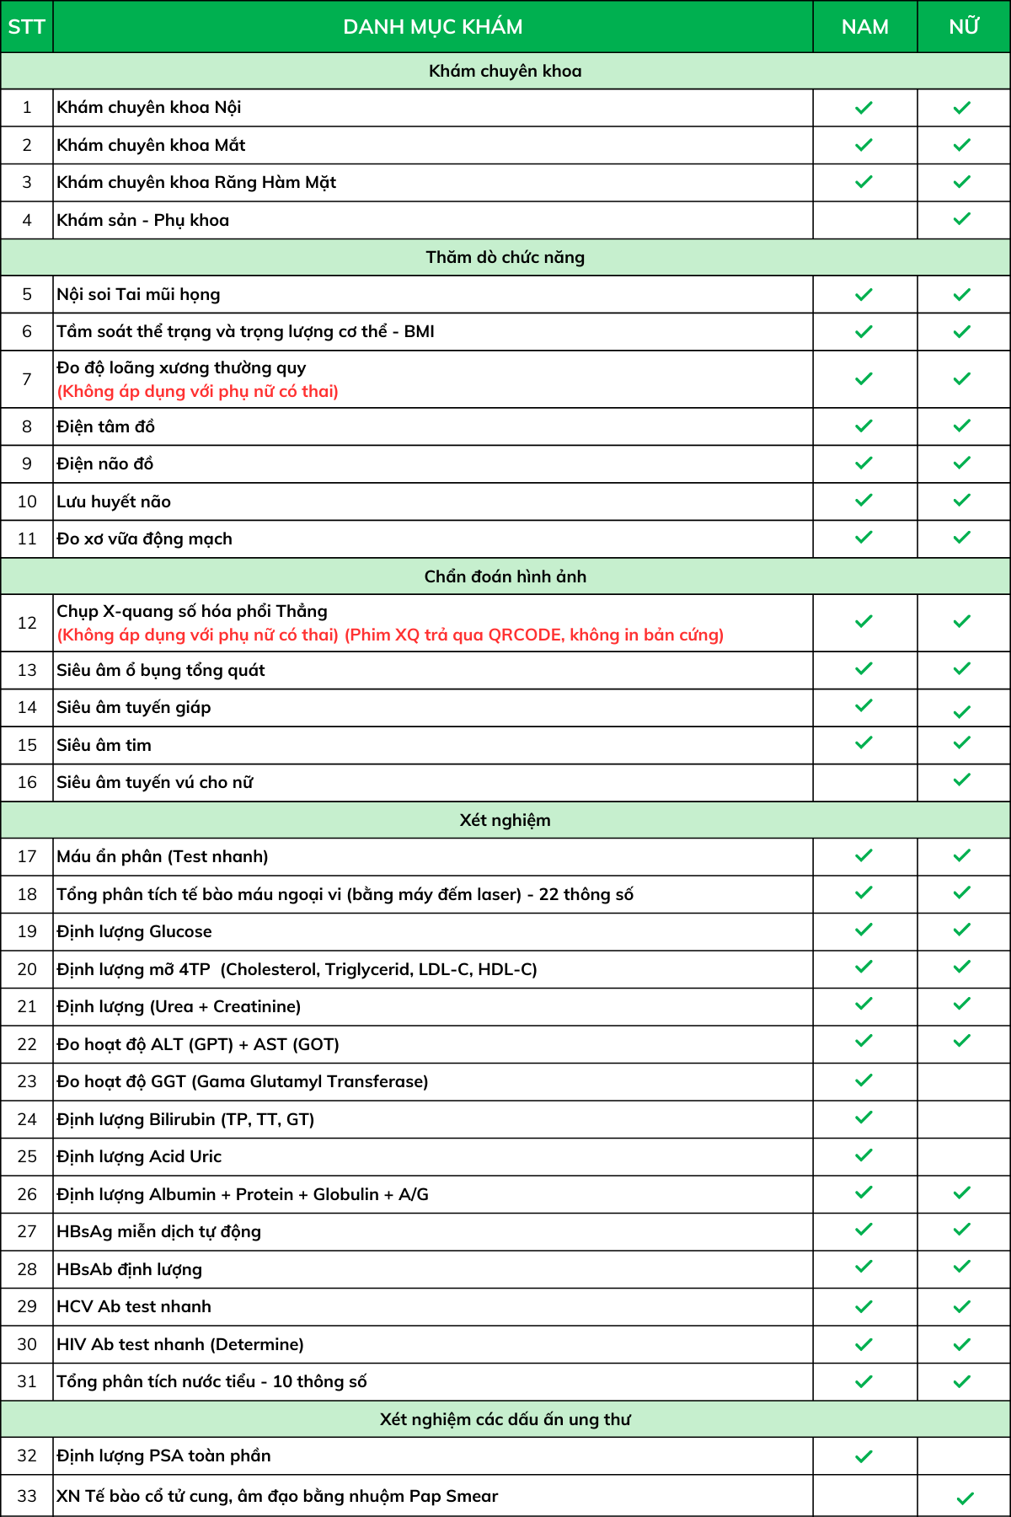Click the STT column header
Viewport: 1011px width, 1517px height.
coord(26,27)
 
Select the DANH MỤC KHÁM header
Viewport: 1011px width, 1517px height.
coord(432,27)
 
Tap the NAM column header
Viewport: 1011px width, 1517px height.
coord(864,27)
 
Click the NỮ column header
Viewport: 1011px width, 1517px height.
coord(963,27)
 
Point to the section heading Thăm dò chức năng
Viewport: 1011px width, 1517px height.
coord(505,257)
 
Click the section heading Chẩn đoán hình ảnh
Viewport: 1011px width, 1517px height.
coord(505,576)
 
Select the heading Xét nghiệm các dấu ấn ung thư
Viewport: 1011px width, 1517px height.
coord(505,1419)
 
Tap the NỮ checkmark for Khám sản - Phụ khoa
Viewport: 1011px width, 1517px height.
coord(962,219)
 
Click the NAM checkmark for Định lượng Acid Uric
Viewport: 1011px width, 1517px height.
coord(864,1155)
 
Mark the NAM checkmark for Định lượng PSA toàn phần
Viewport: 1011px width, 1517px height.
coord(864,1456)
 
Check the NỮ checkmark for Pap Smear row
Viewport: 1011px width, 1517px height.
coord(966,1498)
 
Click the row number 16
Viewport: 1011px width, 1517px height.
coord(27,782)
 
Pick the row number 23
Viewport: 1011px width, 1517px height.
coord(27,1081)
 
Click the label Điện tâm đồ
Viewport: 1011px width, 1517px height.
coord(106,426)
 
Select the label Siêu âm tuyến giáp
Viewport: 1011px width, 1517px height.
coord(134,707)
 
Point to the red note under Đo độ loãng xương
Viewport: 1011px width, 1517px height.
coord(198,391)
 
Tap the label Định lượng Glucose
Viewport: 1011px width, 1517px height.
coord(135,931)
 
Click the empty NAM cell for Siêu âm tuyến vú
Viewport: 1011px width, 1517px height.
coord(864,782)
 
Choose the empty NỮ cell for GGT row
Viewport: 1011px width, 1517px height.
coord(963,1081)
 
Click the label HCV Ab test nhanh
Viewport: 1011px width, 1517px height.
coord(134,1306)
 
